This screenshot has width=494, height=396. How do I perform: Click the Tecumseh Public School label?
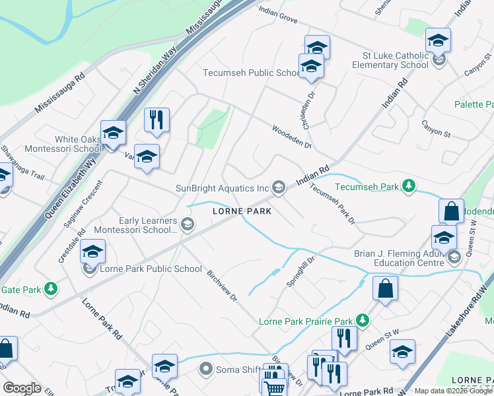(252, 73)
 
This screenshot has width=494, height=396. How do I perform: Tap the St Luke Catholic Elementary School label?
(399, 61)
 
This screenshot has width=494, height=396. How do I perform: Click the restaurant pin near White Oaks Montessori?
(157, 120)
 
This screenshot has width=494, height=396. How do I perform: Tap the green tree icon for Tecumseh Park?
(409, 187)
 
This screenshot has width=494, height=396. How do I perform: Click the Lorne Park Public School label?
(151, 269)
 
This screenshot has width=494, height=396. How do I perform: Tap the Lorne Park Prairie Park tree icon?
(362, 321)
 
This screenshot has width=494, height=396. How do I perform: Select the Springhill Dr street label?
(300, 271)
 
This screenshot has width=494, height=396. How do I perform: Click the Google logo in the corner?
(22, 388)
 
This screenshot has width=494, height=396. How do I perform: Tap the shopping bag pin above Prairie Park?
(385, 288)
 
